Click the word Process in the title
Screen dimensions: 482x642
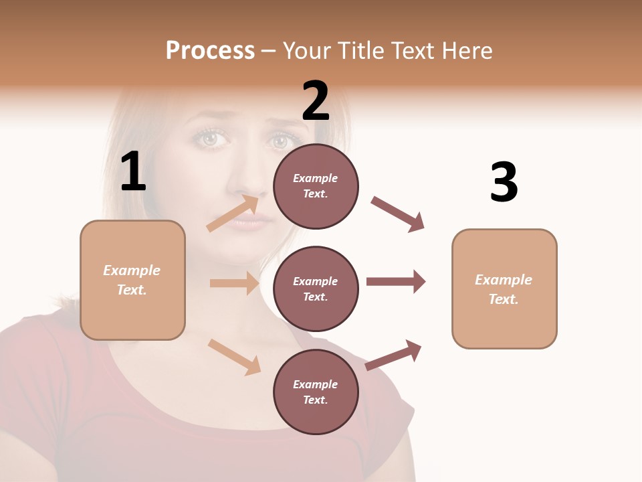(x=210, y=50)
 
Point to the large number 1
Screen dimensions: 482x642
(x=133, y=172)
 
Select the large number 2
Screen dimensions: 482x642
(x=316, y=101)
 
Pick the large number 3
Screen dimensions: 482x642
(x=504, y=183)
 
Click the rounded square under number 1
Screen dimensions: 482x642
(x=132, y=280)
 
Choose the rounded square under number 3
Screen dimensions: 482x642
(x=504, y=289)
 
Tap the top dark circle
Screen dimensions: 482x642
(x=316, y=186)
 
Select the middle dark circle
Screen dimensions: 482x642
(x=316, y=289)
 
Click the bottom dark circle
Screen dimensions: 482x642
(x=316, y=392)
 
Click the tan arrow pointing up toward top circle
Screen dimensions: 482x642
(x=233, y=214)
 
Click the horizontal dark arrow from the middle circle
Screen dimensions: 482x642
(x=395, y=282)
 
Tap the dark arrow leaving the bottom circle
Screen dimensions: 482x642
(x=393, y=355)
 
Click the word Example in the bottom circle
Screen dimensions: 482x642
(x=316, y=384)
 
